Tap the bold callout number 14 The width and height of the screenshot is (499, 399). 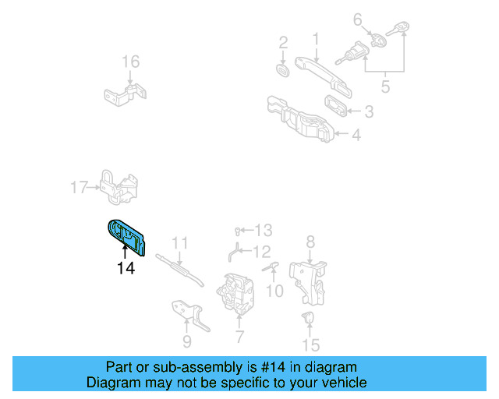[126, 269]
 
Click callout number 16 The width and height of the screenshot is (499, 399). [130, 62]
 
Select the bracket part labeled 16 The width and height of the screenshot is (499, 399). [126, 95]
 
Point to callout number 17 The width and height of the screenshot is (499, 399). [79, 187]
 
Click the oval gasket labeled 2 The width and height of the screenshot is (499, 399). [283, 71]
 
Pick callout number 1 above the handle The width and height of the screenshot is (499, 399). [316, 38]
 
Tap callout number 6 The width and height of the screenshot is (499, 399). [358, 19]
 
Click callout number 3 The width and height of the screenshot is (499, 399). [368, 111]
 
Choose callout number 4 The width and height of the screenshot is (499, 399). [356, 136]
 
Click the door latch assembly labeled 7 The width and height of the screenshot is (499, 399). [236, 294]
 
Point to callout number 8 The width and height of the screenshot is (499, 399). [310, 242]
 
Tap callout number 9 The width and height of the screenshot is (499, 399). [186, 341]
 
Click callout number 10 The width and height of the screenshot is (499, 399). [274, 291]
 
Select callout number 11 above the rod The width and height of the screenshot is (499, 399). [180, 243]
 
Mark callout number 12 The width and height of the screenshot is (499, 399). [261, 251]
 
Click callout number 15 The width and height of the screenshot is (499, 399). [311, 344]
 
